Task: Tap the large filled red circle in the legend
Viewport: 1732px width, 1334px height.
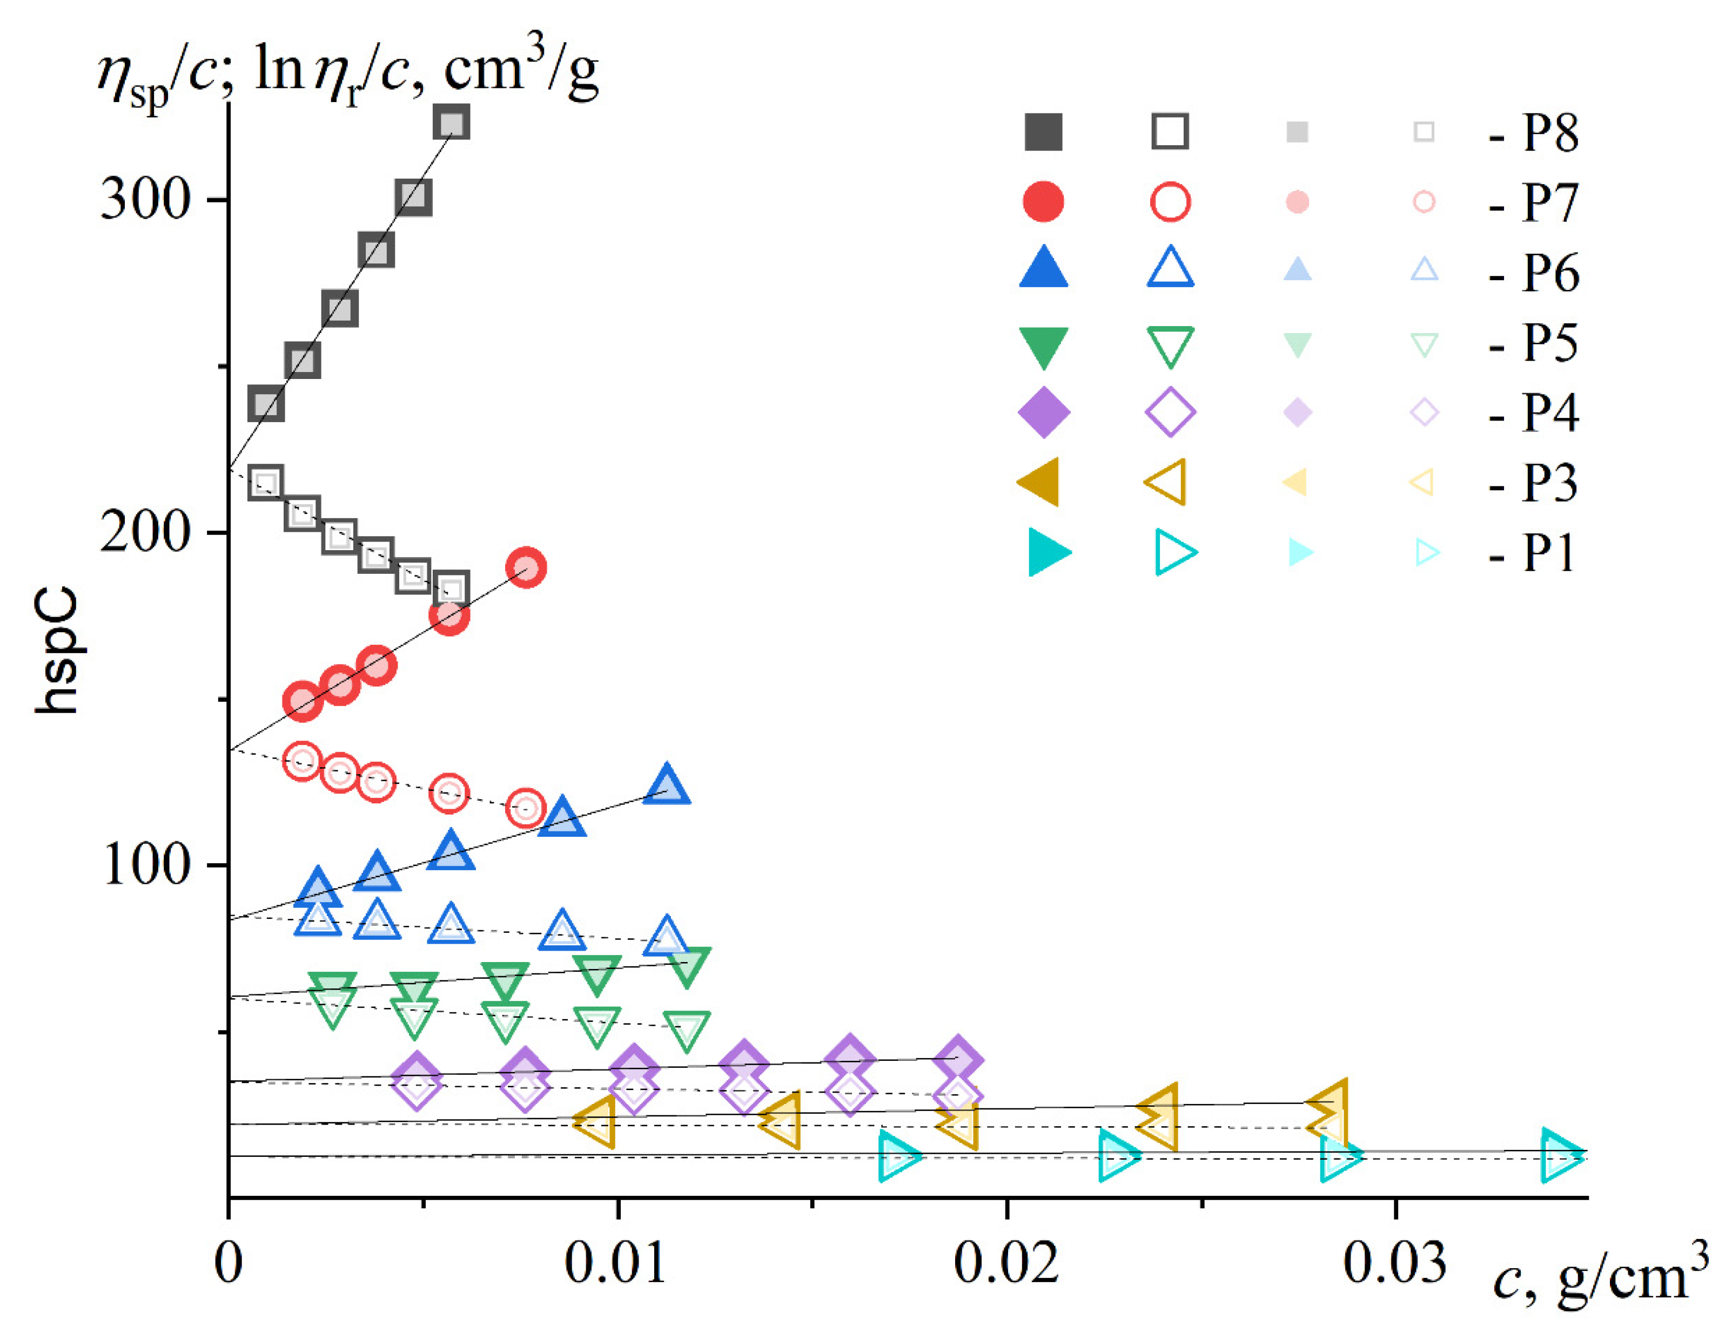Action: pyautogui.click(x=1043, y=201)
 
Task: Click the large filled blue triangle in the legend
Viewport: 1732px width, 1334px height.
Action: pyautogui.click(x=1043, y=268)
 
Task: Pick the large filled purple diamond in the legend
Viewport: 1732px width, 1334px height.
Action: pyautogui.click(x=1043, y=412)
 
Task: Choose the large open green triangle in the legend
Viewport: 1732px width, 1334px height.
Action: pyautogui.click(x=1170, y=346)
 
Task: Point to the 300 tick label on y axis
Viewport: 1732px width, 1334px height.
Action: pyautogui.click(x=145, y=199)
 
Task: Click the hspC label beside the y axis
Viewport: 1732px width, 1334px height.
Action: pyautogui.click(x=57, y=650)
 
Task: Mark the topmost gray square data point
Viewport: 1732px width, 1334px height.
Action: pyautogui.click(x=451, y=123)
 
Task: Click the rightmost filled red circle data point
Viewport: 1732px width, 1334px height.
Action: pyautogui.click(x=526, y=567)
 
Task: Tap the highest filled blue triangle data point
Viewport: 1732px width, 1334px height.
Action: pyautogui.click(x=666, y=785)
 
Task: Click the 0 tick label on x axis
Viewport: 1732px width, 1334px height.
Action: pyautogui.click(x=229, y=1263)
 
